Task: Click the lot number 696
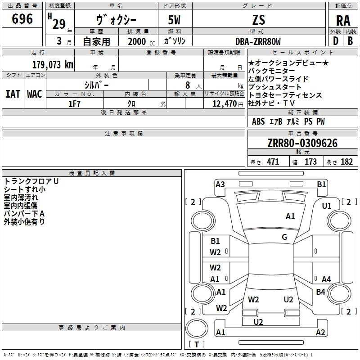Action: [x=22, y=19]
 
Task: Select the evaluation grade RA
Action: [x=343, y=21]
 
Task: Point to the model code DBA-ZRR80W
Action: [x=258, y=41]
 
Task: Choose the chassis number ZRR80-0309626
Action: [x=302, y=144]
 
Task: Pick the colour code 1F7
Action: [x=74, y=103]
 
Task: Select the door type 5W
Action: [x=175, y=20]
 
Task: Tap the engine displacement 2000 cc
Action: [x=138, y=41]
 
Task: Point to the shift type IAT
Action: [x=13, y=94]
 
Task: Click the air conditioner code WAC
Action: [x=34, y=94]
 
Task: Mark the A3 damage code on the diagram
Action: [x=220, y=184]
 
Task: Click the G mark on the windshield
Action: [x=284, y=237]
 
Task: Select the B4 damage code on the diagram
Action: [x=320, y=292]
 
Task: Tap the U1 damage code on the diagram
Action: [x=326, y=206]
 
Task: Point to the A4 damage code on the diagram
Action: [x=326, y=279]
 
